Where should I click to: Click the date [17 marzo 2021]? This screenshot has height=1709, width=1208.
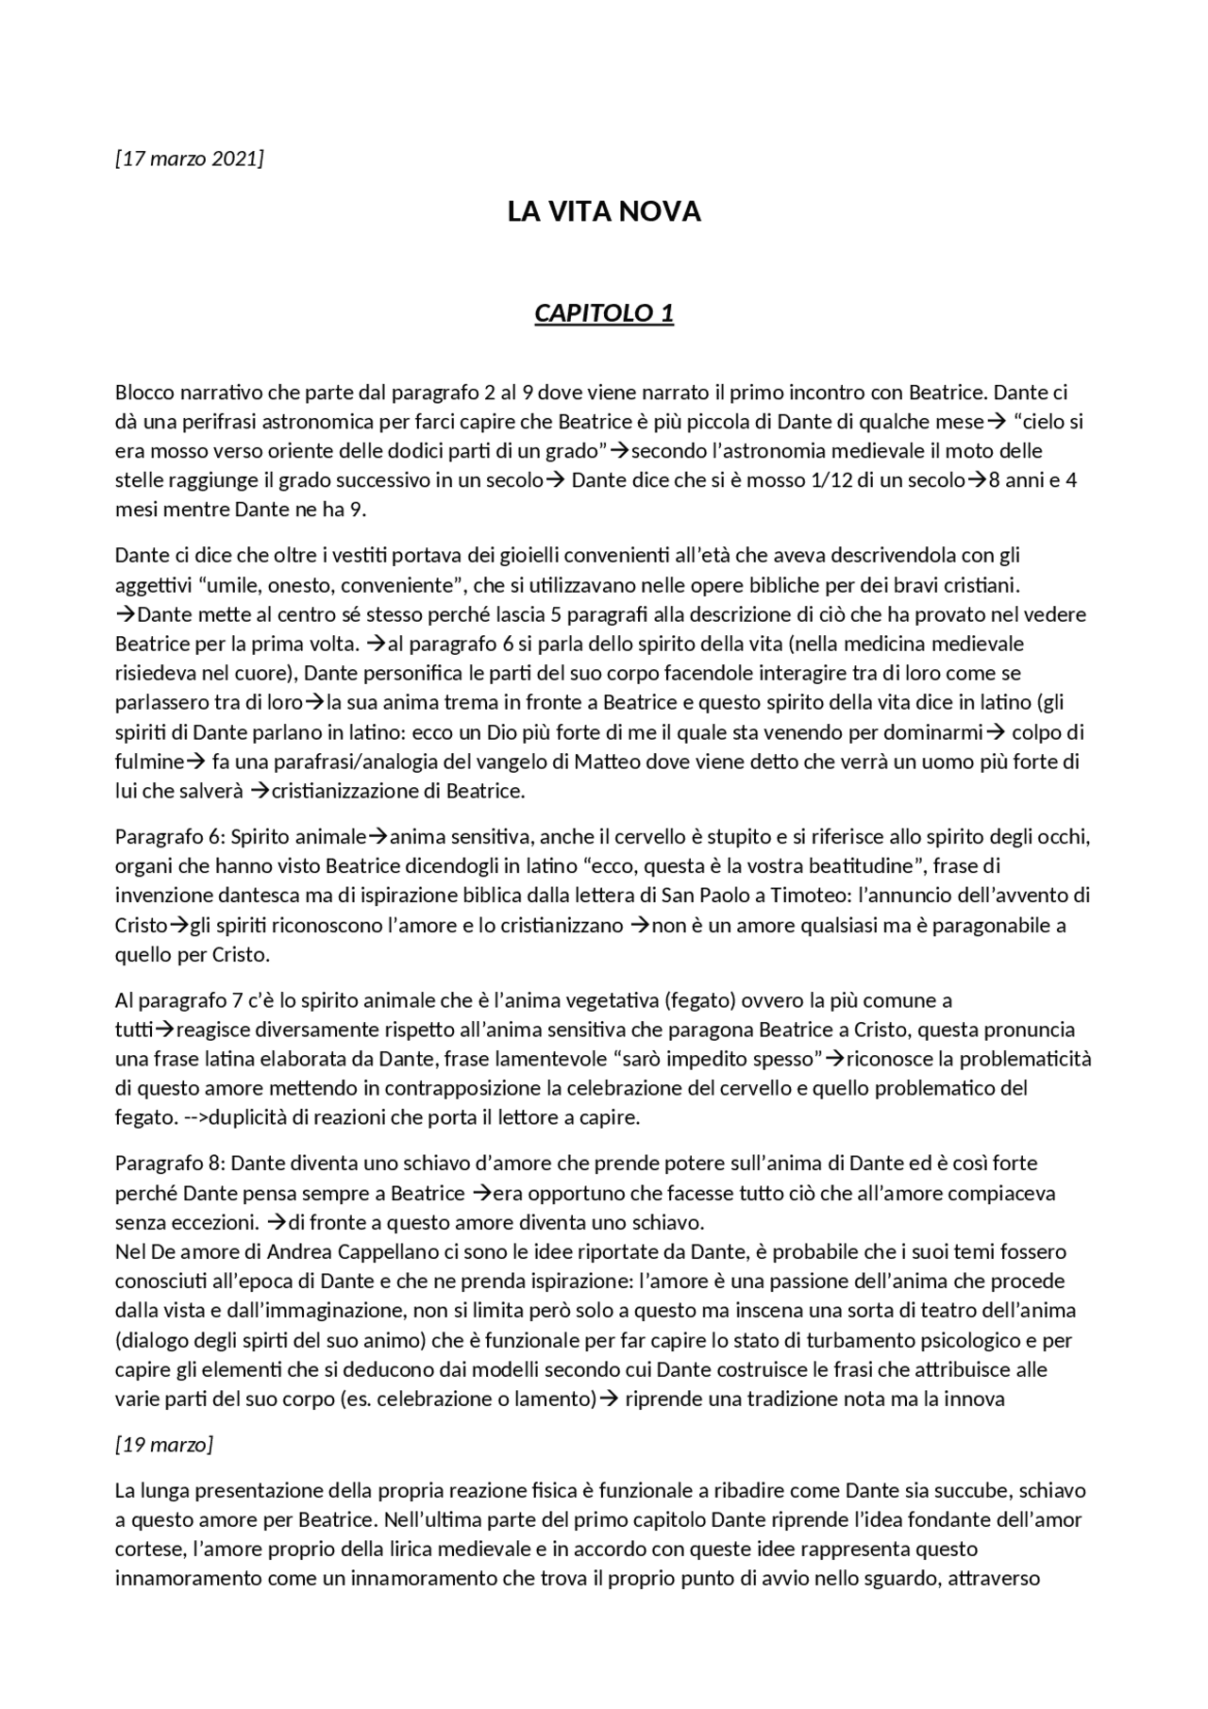click(189, 158)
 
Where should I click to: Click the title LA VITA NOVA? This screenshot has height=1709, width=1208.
click(604, 211)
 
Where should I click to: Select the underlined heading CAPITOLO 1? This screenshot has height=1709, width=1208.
click(604, 312)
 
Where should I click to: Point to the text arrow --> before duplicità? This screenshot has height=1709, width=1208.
click(193, 1117)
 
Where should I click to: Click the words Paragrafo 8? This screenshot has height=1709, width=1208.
click(170, 1163)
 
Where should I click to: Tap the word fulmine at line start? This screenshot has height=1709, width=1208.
click(147, 761)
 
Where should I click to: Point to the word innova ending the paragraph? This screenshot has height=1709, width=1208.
click(975, 1399)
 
